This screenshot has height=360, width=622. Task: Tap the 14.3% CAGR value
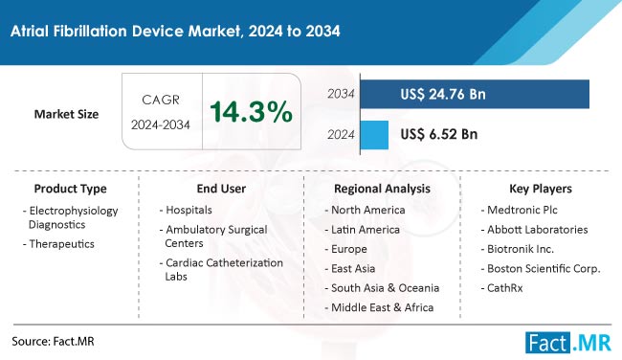pos(251,112)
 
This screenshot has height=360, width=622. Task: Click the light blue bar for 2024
pos(375,134)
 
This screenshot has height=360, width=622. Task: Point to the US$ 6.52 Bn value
pos(439,134)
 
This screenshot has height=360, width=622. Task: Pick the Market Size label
pos(67,114)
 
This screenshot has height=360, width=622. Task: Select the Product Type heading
pos(70,189)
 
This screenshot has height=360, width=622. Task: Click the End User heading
pos(221,189)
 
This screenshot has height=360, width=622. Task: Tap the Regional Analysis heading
pos(382,189)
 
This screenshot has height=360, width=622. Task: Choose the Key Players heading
pos(539,189)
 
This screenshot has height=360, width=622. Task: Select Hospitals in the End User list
pos(189,209)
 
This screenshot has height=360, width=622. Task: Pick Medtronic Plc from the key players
pos(529,209)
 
